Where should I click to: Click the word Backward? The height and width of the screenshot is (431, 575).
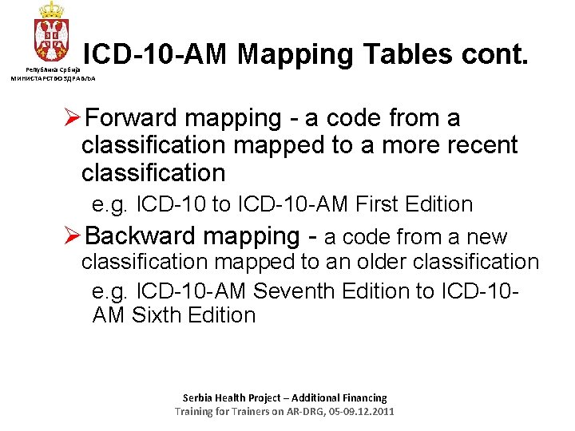[141, 236]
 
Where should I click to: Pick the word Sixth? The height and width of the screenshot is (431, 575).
[156, 315]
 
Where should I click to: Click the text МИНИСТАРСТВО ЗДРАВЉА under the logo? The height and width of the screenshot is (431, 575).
[53, 78]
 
